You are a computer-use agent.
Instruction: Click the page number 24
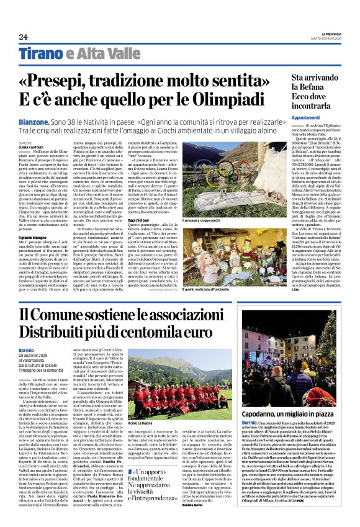[x=23, y=37]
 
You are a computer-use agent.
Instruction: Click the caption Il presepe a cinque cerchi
[x=236, y=220]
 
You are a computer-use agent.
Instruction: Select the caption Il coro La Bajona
[x=143, y=423]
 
